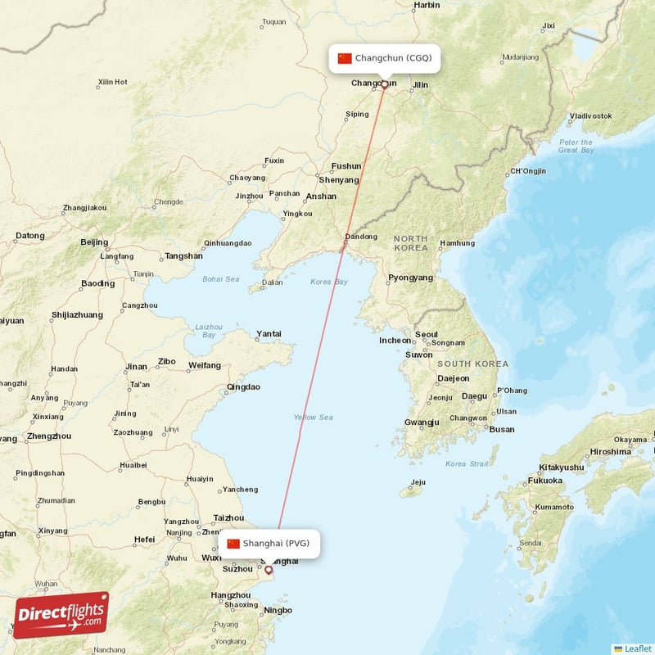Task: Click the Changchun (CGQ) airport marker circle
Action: click(384, 84)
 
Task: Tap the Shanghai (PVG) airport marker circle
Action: click(268, 569)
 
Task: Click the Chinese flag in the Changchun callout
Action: click(345, 58)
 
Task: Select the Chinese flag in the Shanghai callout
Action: click(233, 544)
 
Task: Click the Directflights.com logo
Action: click(61, 615)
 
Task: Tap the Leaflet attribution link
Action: click(637, 648)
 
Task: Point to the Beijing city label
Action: click(94, 242)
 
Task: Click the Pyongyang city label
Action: click(410, 278)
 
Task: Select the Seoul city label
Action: click(426, 335)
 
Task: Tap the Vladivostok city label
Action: click(590, 116)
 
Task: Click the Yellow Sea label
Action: click(314, 418)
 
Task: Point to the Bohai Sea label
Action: click(221, 279)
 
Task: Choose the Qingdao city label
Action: click(243, 386)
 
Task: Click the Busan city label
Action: click(502, 429)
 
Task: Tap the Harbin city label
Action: click(427, 5)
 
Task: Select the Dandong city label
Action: click(360, 237)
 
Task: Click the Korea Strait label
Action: click(467, 464)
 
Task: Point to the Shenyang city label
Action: click(339, 180)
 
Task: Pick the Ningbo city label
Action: click(278, 611)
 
